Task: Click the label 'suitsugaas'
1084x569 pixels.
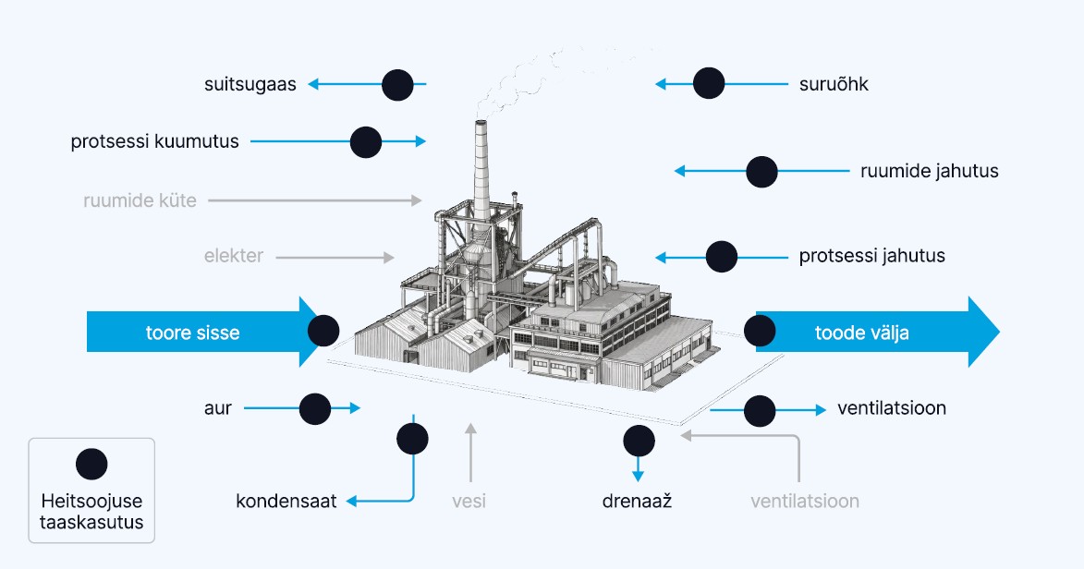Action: pyautogui.click(x=250, y=84)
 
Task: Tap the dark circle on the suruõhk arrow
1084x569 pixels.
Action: pyautogui.click(x=709, y=84)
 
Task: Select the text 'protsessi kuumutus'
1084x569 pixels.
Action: pyautogui.click(x=154, y=141)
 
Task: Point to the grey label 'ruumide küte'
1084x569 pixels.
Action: pyautogui.click(x=140, y=200)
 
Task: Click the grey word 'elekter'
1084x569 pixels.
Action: pyautogui.click(x=234, y=256)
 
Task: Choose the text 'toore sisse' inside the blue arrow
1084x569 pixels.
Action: pyautogui.click(x=192, y=333)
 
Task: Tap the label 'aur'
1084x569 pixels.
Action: pyautogui.click(x=218, y=407)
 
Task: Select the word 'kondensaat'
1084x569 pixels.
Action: pyautogui.click(x=286, y=502)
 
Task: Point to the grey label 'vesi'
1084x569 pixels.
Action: pyautogui.click(x=469, y=502)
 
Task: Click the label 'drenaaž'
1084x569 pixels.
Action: pyautogui.click(x=636, y=502)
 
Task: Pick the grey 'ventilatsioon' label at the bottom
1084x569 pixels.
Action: pyautogui.click(x=805, y=502)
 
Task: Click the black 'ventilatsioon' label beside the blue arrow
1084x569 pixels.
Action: pyautogui.click(x=892, y=407)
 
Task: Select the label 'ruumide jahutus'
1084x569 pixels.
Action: pyautogui.click(x=930, y=171)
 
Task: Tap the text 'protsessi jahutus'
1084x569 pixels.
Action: pyautogui.click(x=872, y=256)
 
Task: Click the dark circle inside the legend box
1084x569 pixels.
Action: pyautogui.click(x=91, y=464)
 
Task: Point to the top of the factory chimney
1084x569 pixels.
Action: pyautogui.click(x=481, y=123)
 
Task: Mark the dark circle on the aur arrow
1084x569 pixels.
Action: pyautogui.click(x=315, y=408)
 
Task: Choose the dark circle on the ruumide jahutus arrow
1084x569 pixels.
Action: pyautogui.click(x=762, y=172)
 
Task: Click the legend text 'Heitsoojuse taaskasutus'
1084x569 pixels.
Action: pyautogui.click(x=91, y=511)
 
